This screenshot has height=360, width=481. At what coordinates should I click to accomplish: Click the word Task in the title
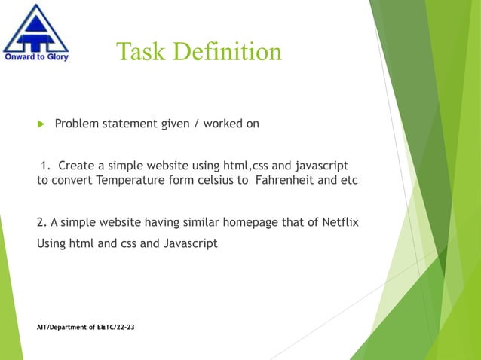point(140,51)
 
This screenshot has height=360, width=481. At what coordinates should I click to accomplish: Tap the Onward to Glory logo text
point(37,57)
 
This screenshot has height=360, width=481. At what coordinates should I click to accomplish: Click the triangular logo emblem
point(35,28)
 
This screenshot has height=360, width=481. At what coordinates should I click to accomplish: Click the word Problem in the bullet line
point(78,124)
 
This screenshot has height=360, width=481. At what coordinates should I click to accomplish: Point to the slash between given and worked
point(195,124)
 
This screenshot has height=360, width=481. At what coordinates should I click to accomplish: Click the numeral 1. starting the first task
point(46,165)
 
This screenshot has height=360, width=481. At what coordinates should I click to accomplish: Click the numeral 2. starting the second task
point(41,222)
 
